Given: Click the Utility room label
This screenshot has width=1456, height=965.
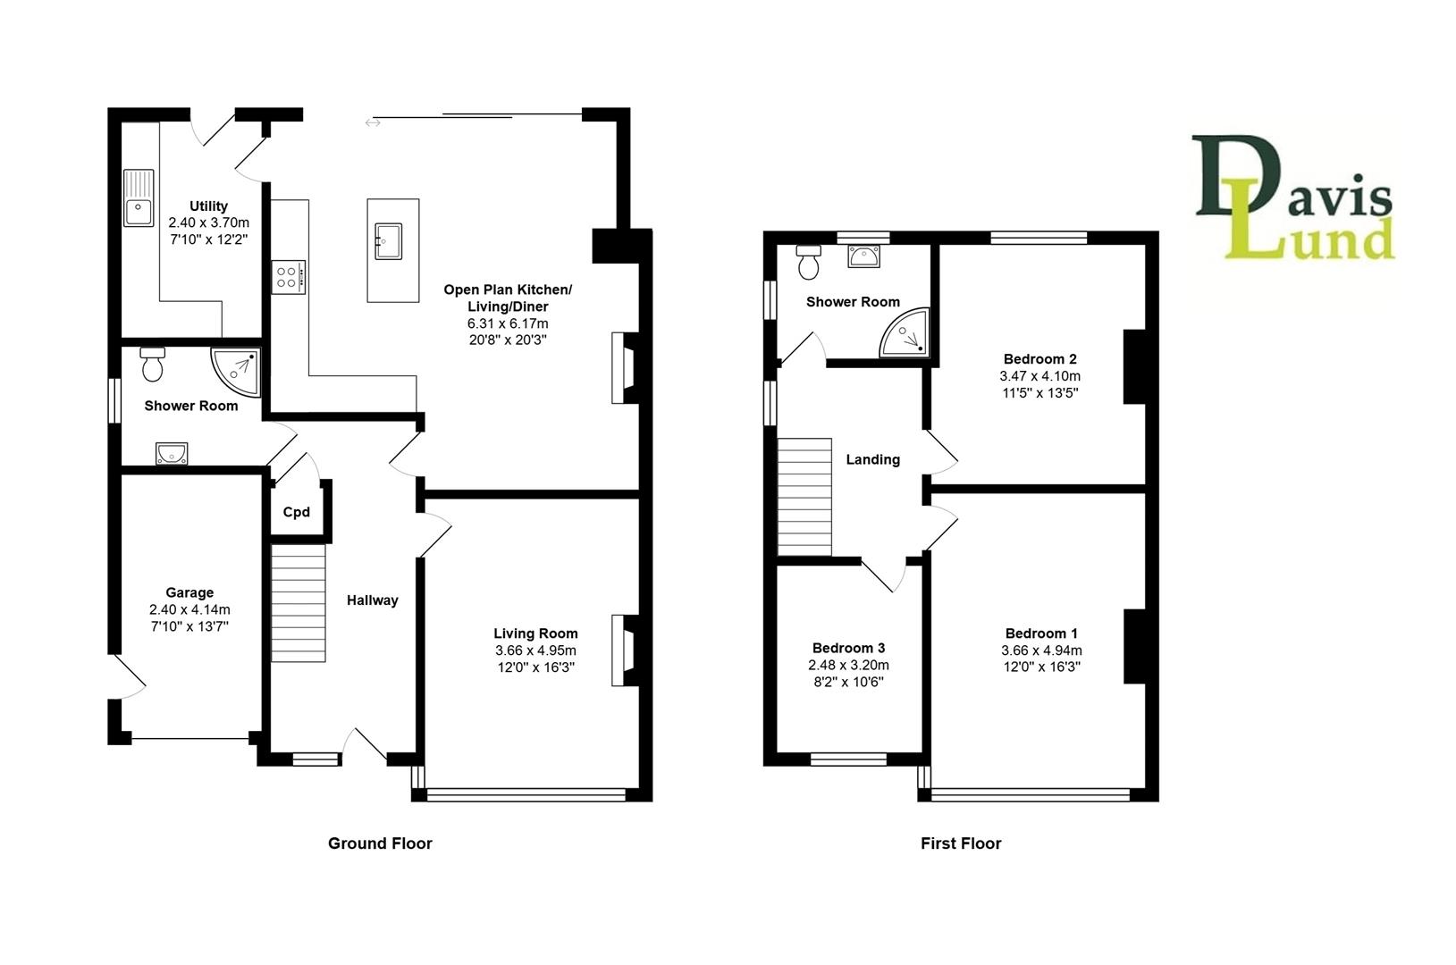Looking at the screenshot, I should pos(208,206).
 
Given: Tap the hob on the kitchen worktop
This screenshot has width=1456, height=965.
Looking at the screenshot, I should pos(289,276).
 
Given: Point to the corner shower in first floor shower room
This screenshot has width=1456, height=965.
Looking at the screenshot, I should pos(906,334).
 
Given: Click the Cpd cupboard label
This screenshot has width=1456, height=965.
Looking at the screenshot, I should pos(296,512).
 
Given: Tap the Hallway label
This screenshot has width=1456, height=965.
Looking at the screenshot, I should pos(372,600).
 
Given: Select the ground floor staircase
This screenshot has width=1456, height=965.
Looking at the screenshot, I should pos(299,605).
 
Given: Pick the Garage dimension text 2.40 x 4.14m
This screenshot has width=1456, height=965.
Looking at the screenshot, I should pos(189,609).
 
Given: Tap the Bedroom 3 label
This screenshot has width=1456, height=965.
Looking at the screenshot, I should pos(848,648).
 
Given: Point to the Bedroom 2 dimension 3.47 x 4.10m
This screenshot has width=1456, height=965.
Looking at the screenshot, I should pos(1039,376).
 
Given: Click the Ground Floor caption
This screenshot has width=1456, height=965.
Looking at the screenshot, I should pos(380,843).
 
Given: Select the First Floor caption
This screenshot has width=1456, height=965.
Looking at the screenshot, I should pos(961,843).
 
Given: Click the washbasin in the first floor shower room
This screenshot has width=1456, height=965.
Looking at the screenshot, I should pos(864,257).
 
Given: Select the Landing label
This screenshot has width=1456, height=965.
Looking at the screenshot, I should pos(872,459).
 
